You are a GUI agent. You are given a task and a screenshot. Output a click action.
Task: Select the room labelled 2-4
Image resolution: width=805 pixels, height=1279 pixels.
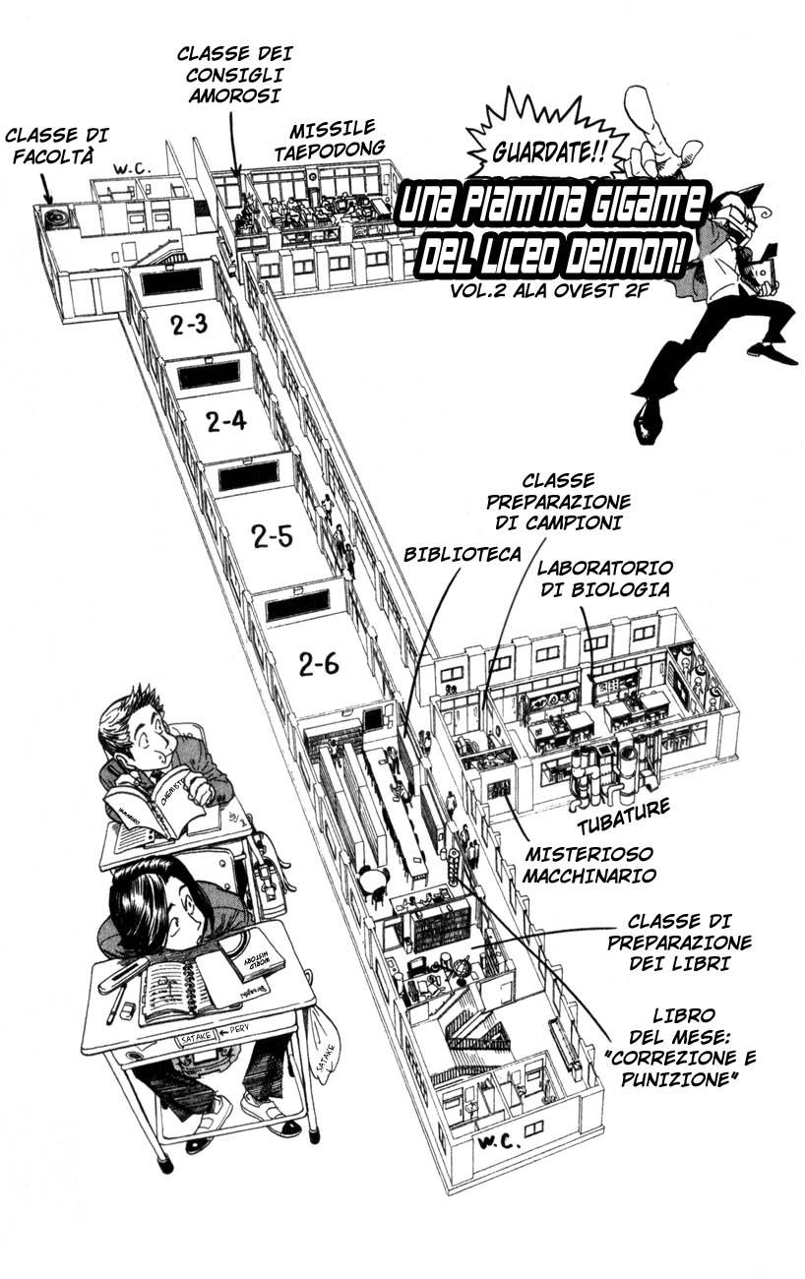point(226,421)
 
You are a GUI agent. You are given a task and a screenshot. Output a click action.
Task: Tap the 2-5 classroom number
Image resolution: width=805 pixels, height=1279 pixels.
point(272,536)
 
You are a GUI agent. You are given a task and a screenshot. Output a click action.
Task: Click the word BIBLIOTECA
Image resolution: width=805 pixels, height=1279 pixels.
point(462,554)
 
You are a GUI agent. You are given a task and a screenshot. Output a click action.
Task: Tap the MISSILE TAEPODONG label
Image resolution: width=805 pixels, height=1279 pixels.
point(330,138)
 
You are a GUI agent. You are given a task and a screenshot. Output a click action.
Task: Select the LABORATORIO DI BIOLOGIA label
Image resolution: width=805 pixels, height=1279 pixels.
point(604,579)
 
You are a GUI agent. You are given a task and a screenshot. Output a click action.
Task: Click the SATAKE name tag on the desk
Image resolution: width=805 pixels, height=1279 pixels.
point(193,1038)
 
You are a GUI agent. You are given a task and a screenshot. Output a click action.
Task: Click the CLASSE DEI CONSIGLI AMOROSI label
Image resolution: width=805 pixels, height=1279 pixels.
point(234,74)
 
